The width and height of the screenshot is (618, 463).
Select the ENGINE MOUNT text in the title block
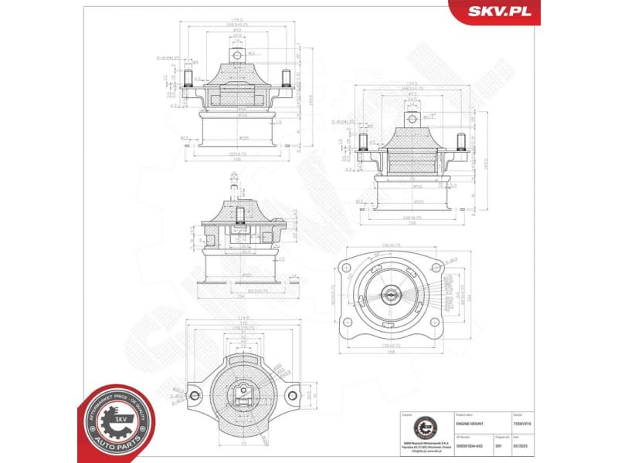coord(473,424)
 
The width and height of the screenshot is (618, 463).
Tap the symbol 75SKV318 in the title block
coord(524,424)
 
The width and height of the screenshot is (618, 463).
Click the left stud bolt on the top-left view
coord(188,79)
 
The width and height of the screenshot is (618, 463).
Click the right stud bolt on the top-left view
coord(286,79)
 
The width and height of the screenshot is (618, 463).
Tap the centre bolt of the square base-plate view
coord(391,293)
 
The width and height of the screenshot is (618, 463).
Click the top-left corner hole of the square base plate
coord(347,268)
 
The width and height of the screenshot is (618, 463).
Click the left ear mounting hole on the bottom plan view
coord(195,395)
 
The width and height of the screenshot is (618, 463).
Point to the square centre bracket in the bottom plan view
coord(243,394)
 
